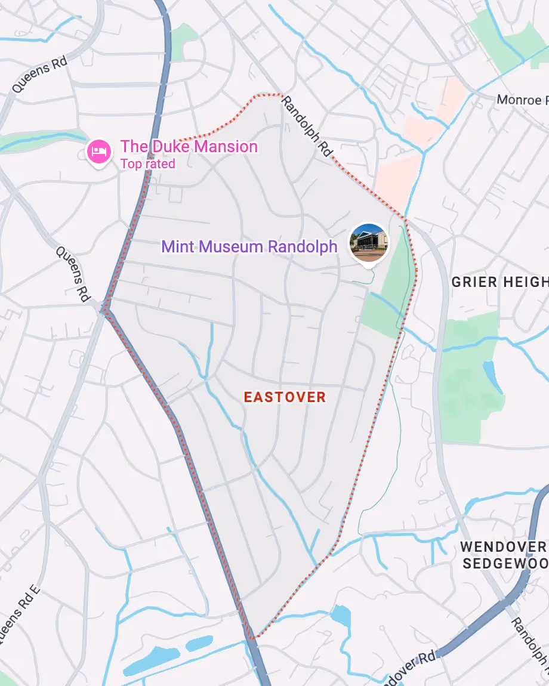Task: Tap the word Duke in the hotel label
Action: (x=161, y=146)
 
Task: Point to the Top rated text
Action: (x=147, y=163)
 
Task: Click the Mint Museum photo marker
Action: (x=369, y=242)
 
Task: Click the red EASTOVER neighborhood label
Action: (x=285, y=397)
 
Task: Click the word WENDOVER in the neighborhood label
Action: (x=502, y=546)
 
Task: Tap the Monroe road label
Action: (x=518, y=100)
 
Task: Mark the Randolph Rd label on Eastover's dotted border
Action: (x=307, y=126)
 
